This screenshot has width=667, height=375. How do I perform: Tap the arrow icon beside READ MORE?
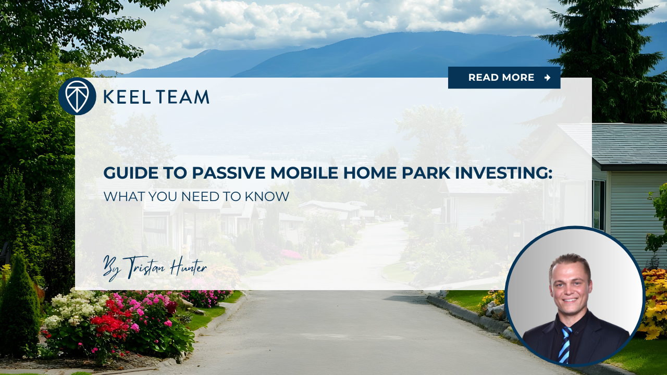pos(547,78)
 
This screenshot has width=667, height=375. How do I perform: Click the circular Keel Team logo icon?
pos(77,96)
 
